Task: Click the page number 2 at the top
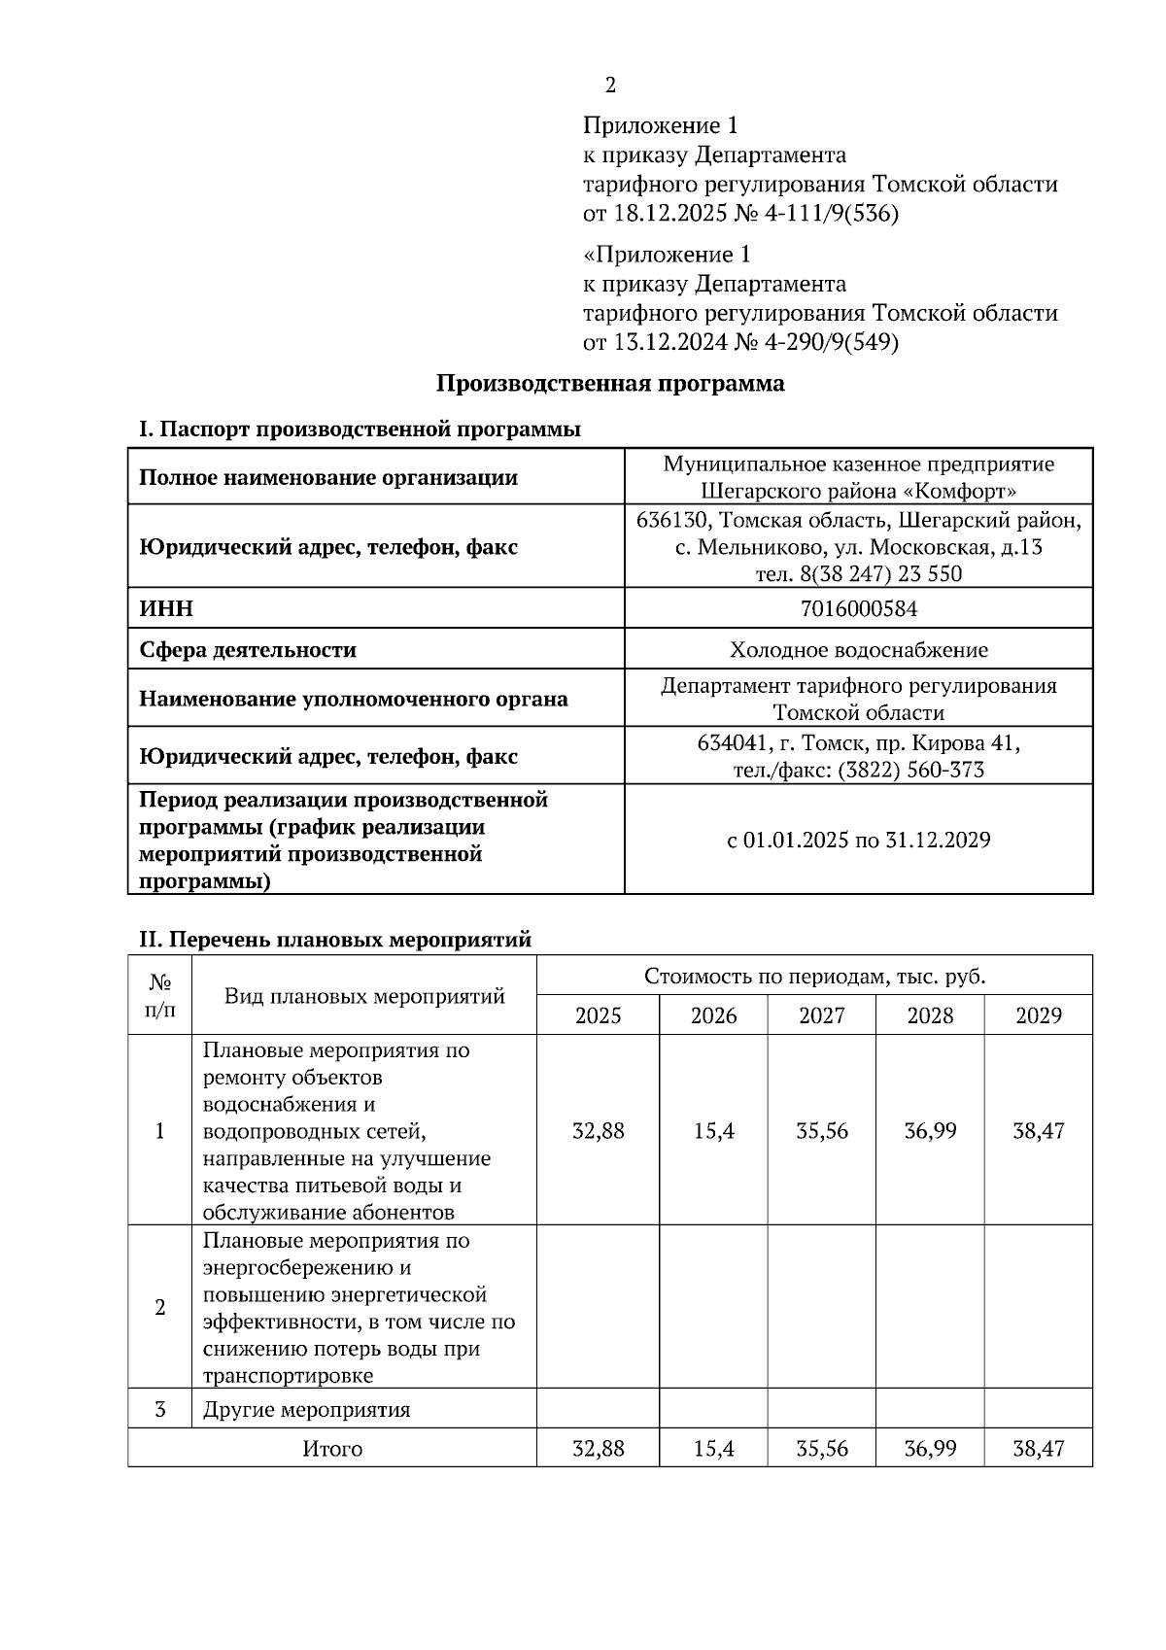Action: coord(610,86)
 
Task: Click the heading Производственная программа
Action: coord(609,383)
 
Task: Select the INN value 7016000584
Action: coord(858,608)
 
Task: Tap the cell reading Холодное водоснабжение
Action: coord(858,649)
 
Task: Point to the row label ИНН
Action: coord(166,608)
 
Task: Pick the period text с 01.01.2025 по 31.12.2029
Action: coord(858,840)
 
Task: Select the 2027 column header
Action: coord(822,1015)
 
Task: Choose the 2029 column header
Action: coord(1038,1015)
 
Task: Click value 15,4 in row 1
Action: coord(714,1131)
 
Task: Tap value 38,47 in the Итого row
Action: coord(1038,1449)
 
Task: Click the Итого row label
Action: coord(332,1449)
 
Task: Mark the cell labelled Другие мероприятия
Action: coord(306,1409)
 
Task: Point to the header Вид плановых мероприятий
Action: coord(364,996)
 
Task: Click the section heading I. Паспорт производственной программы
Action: coord(360,429)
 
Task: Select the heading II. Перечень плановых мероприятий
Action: coord(335,940)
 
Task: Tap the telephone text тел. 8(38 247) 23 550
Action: coord(858,573)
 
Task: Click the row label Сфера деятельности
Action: coord(248,649)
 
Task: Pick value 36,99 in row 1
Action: coord(930,1131)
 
